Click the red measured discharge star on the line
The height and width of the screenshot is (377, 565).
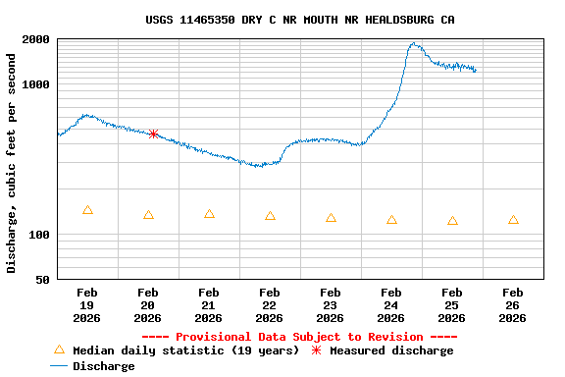(153, 134)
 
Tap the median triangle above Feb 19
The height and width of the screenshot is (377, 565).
(88, 210)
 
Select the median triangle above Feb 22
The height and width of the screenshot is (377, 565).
(270, 216)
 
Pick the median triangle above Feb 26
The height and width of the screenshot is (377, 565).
(513, 220)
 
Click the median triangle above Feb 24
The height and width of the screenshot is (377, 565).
(391, 220)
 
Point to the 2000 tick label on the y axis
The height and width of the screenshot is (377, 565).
(37, 40)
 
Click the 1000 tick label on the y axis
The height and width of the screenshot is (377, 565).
(37, 85)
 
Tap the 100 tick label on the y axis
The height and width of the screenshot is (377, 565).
(40, 236)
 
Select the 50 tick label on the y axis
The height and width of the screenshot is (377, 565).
(43, 281)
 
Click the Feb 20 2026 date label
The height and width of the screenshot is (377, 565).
(148, 305)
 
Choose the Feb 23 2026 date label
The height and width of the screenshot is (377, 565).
(331, 305)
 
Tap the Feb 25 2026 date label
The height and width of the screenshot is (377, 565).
(452, 305)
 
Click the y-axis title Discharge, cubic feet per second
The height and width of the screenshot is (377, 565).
(12, 163)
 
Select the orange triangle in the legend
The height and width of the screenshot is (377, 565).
(59, 350)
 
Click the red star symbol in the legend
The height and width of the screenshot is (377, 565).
(316, 350)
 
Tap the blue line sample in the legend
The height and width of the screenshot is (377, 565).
(59, 366)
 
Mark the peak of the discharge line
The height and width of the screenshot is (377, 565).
(415, 43)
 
